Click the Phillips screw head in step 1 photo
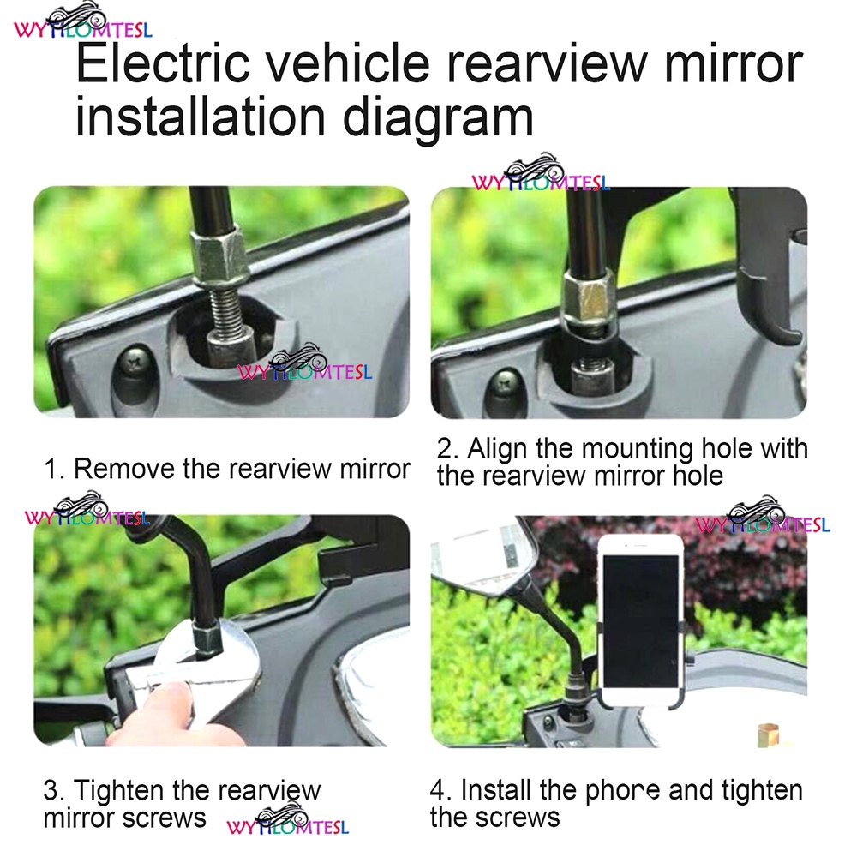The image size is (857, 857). click(132, 362)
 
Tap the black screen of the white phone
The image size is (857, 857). click(640, 621)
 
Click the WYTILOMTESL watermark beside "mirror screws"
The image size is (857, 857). click(288, 821)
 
